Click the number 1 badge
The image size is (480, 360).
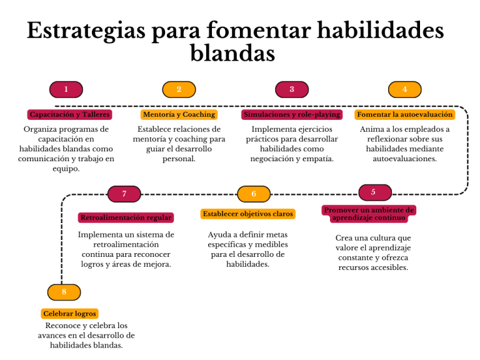pyautogui.click(x=66, y=90)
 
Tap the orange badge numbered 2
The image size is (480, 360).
pyautogui.click(x=179, y=90)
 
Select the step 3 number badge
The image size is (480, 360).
pyautogui.click(x=291, y=90)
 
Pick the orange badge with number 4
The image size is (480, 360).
pyautogui.click(x=404, y=90)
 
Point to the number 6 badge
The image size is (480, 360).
pyautogui.click(x=254, y=194)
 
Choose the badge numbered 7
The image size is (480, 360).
pyautogui.click(x=124, y=194)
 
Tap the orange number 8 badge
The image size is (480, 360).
pyautogui.click(x=64, y=292)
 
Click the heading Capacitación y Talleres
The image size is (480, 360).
pyautogui.click(x=70, y=115)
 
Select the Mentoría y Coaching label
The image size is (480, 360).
pyautogui.click(x=179, y=115)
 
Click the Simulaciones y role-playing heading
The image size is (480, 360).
pyautogui.click(x=292, y=115)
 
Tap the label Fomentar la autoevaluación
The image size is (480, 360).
pyautogui.click(x=404, y=115)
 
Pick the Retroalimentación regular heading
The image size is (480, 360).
pyautogui.click(x=126, y=218)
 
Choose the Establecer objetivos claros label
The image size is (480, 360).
pyautogui.click(x=248, y=214)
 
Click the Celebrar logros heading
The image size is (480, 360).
pyautogui.click(x=70, y=314)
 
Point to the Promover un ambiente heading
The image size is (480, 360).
pyautogui.click(x=369, y=214)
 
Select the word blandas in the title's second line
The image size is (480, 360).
pyautogui.click(x=232, y=54)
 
